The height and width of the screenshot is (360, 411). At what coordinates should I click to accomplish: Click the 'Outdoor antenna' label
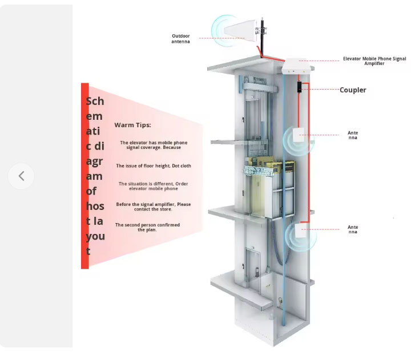180,39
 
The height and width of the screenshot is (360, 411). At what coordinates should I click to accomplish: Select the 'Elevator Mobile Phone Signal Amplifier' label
374,60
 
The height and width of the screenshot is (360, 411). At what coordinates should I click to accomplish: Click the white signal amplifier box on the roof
297,66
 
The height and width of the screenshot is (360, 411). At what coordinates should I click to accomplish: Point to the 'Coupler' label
353,90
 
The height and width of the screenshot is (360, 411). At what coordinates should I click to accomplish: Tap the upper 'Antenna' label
353,135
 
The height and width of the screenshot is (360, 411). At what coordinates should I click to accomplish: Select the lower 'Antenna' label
353,229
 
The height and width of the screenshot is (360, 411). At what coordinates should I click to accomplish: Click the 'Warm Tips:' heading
132,125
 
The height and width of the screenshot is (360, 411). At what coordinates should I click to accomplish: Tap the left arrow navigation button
21,176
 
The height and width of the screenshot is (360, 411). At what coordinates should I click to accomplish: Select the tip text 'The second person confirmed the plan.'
147,227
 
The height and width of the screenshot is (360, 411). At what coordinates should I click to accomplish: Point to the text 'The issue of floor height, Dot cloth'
154,166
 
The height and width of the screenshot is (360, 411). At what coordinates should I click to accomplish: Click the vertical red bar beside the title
84,176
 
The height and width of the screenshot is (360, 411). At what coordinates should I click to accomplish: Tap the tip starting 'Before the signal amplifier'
154,207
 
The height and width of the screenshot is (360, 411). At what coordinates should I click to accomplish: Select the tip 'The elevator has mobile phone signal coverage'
154,145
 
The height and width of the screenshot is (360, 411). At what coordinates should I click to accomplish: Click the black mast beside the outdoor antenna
263,34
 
